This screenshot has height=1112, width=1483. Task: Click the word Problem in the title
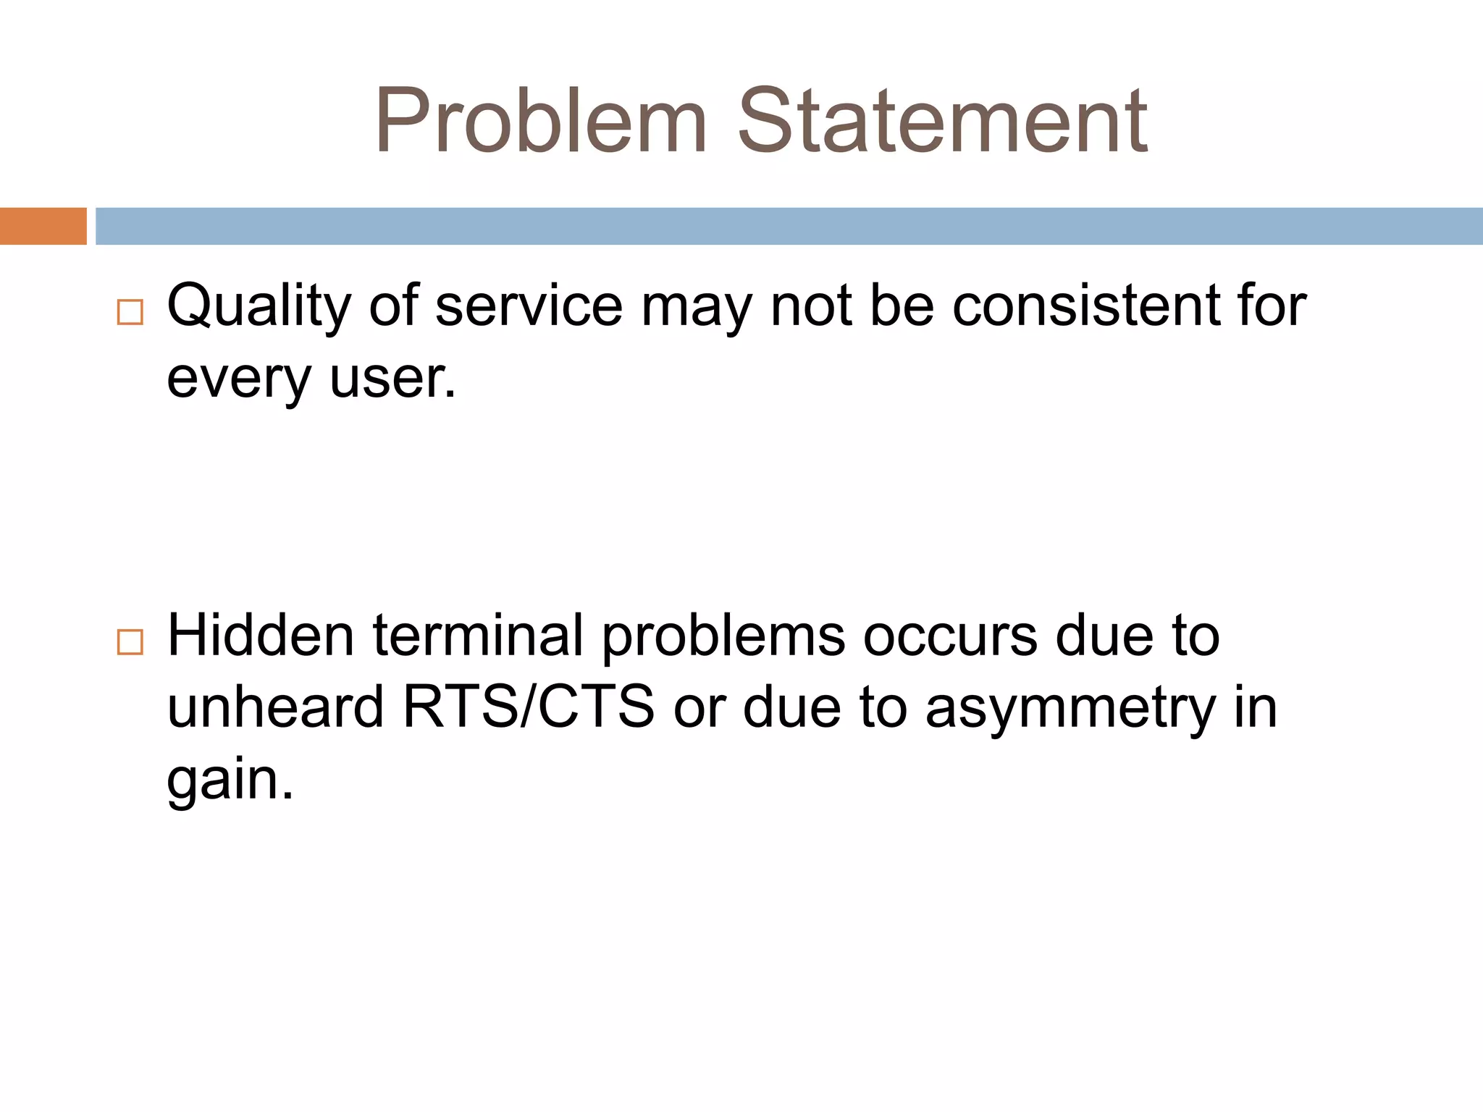[540, 121]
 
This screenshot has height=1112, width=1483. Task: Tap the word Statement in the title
[942, 121]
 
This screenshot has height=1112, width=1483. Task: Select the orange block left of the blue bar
[43, 226]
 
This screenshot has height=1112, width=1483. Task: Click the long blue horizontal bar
[789, 226]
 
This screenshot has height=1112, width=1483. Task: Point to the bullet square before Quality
[130, 312]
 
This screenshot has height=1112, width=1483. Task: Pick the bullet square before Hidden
[130, 641]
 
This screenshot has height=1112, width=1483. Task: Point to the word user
[392, 378]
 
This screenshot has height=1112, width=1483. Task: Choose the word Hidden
[261, 636]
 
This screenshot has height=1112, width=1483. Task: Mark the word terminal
[478, 636]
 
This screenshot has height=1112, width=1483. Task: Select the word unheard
[275, 707]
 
